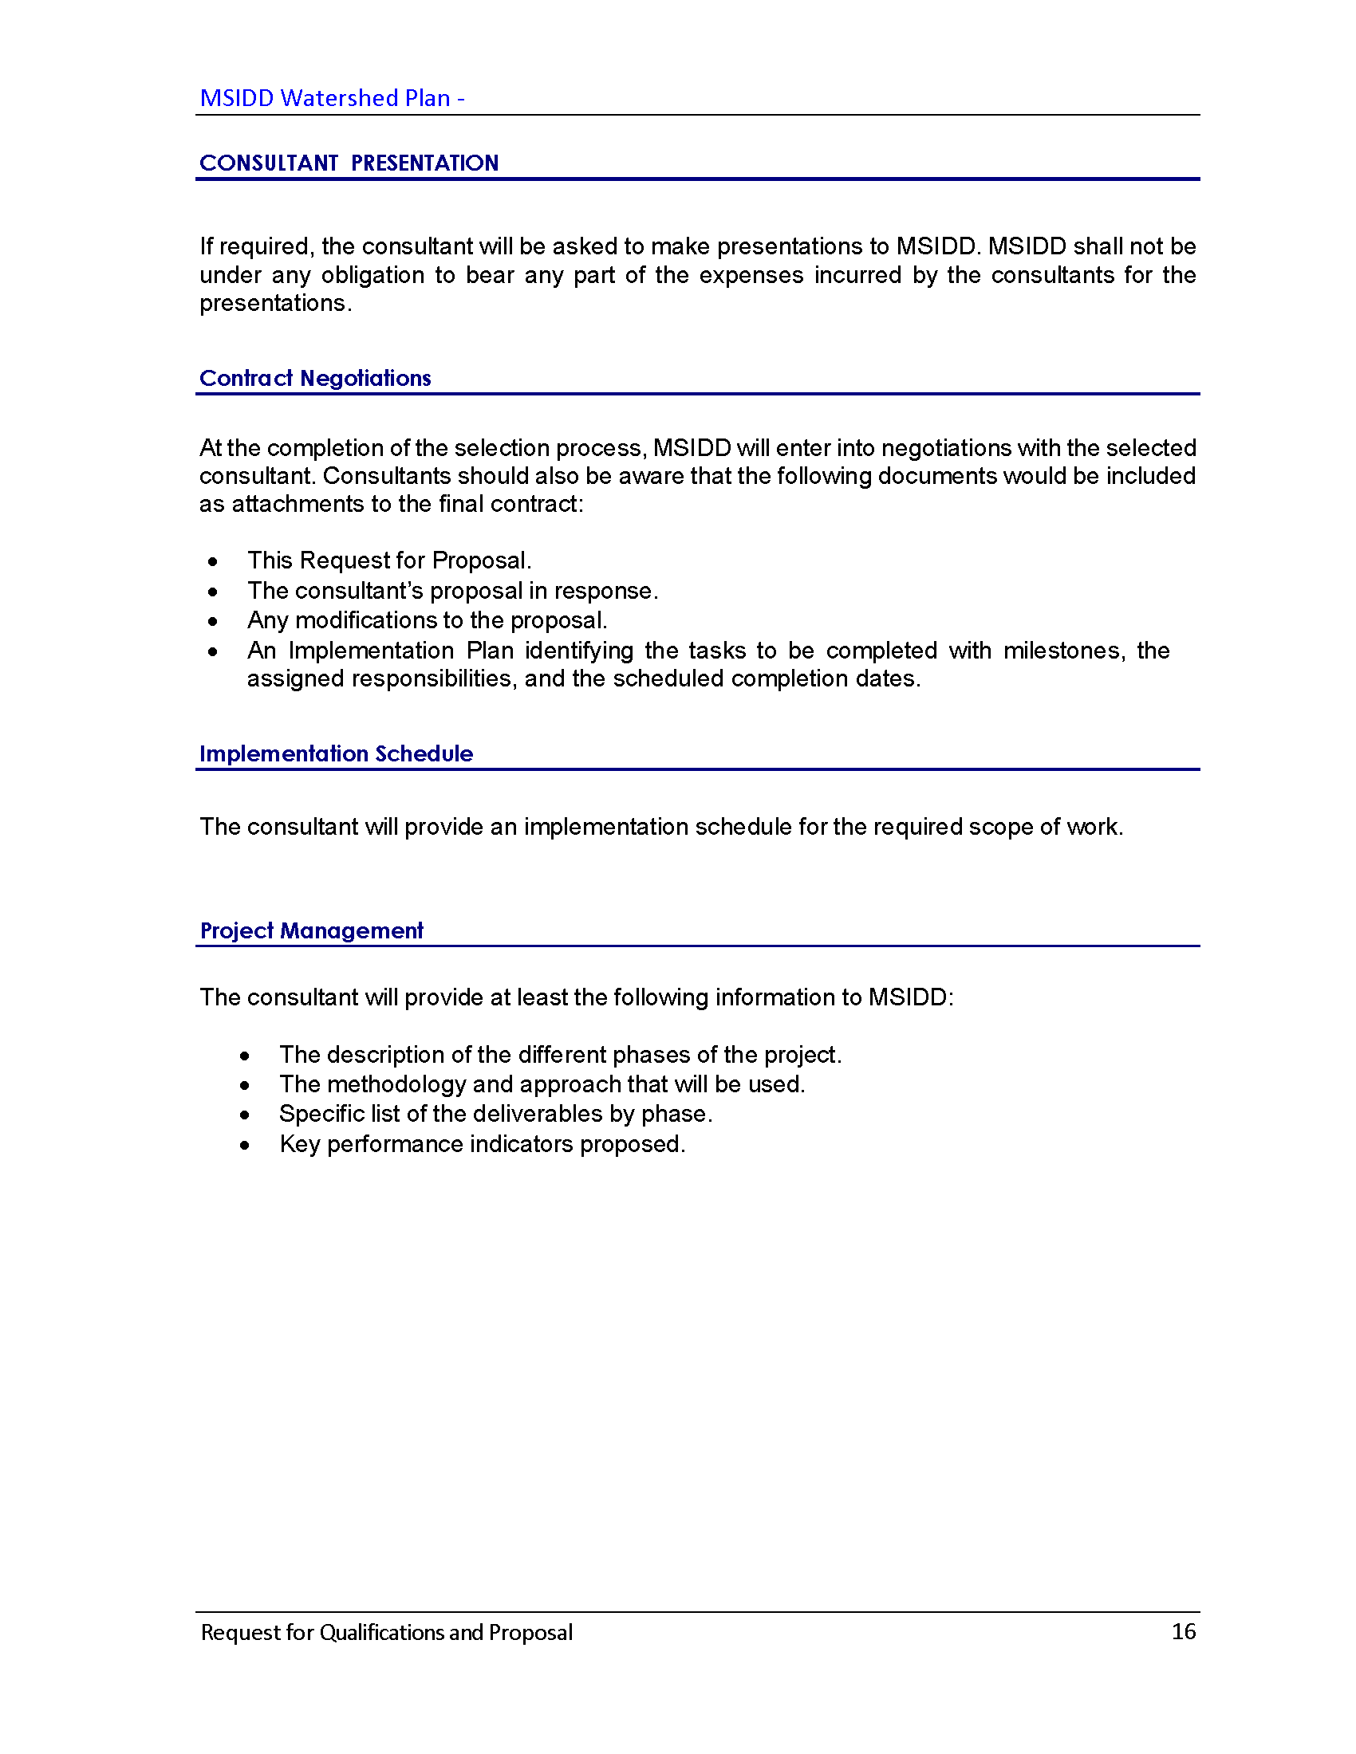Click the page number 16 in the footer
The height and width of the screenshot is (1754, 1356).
coord(1182,1631)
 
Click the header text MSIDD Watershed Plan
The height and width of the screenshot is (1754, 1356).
coord(325,98)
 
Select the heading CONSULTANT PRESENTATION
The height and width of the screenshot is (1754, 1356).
coord(349,163)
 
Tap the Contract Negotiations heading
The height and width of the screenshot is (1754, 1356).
coord(315,378)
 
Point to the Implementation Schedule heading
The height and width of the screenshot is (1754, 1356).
coord(336,753)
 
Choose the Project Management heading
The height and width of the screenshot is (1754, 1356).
coord(311,930)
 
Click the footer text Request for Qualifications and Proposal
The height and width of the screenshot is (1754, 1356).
coord(386,1632)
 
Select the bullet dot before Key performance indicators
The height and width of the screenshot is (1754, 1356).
coord(245,1145)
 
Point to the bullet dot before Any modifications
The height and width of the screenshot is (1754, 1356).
coord(213,622)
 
